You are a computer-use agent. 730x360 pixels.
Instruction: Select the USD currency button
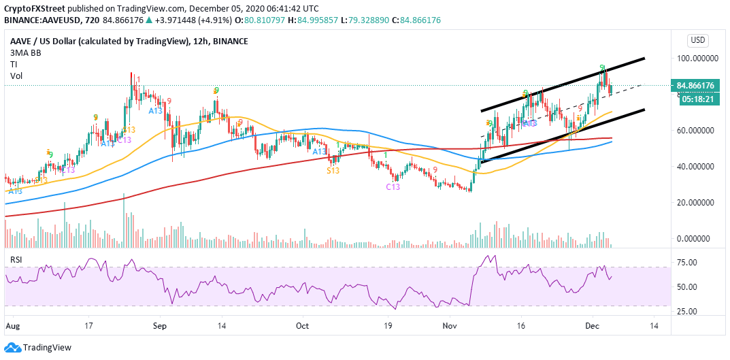tap(698, 40)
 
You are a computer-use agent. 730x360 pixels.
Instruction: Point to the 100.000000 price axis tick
tap(698, 59)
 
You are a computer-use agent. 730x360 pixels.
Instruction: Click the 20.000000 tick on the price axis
tap(698, 203)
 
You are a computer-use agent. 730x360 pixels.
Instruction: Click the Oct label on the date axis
tap(303, 326)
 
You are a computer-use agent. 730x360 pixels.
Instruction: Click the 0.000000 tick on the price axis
tap(698, 239)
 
